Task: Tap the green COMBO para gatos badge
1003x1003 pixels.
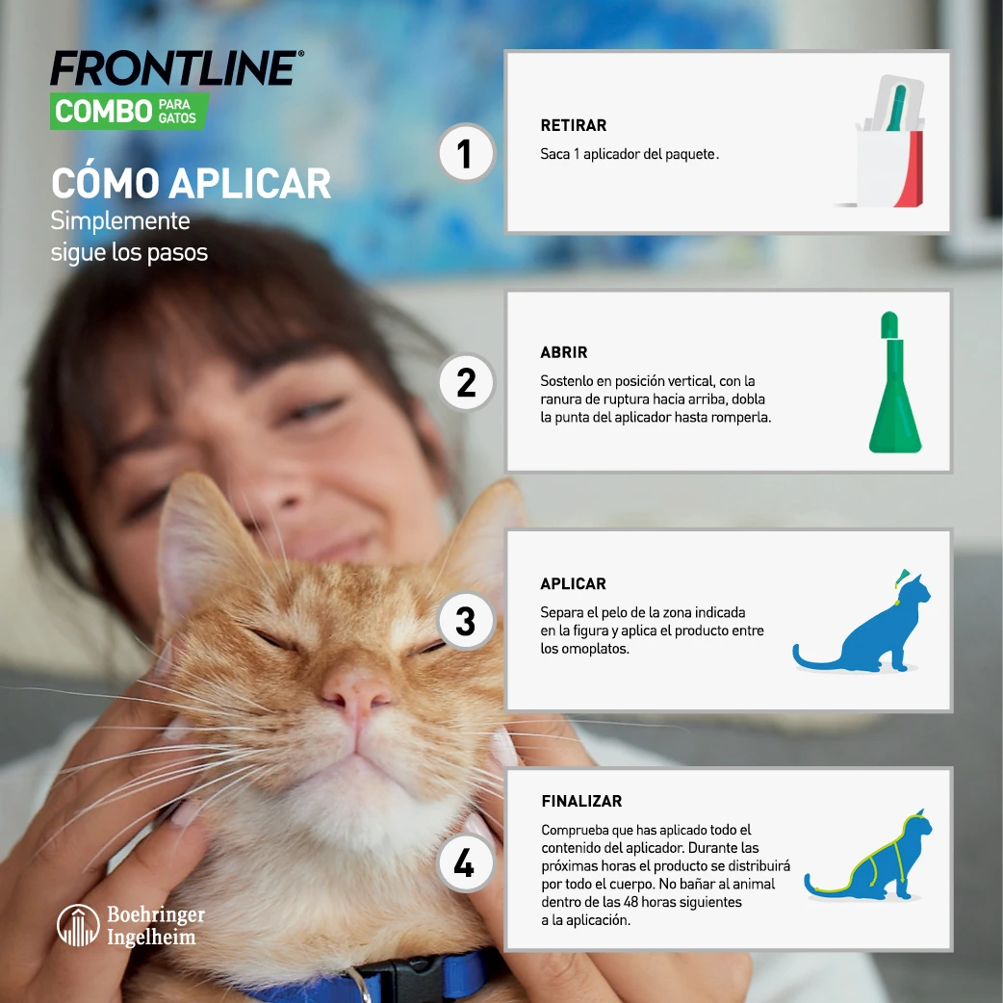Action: click(128, 112)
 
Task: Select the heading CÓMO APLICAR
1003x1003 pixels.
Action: click(191, 183)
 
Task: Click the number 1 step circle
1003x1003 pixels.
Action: click(466, 154)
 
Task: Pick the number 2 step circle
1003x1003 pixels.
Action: click(466, 382)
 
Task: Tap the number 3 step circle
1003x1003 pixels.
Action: click(466, 621)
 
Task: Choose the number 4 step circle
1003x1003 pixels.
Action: click(465, 863)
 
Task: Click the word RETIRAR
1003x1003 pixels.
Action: click(574, 126)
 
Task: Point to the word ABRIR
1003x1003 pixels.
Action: click(564, 352)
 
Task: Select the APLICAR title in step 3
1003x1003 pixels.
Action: click(574, 584)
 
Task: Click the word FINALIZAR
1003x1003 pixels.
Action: click(581, 801)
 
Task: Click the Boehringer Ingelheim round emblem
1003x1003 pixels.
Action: click(78, 925)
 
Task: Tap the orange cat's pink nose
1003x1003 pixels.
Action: click(355, 691)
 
